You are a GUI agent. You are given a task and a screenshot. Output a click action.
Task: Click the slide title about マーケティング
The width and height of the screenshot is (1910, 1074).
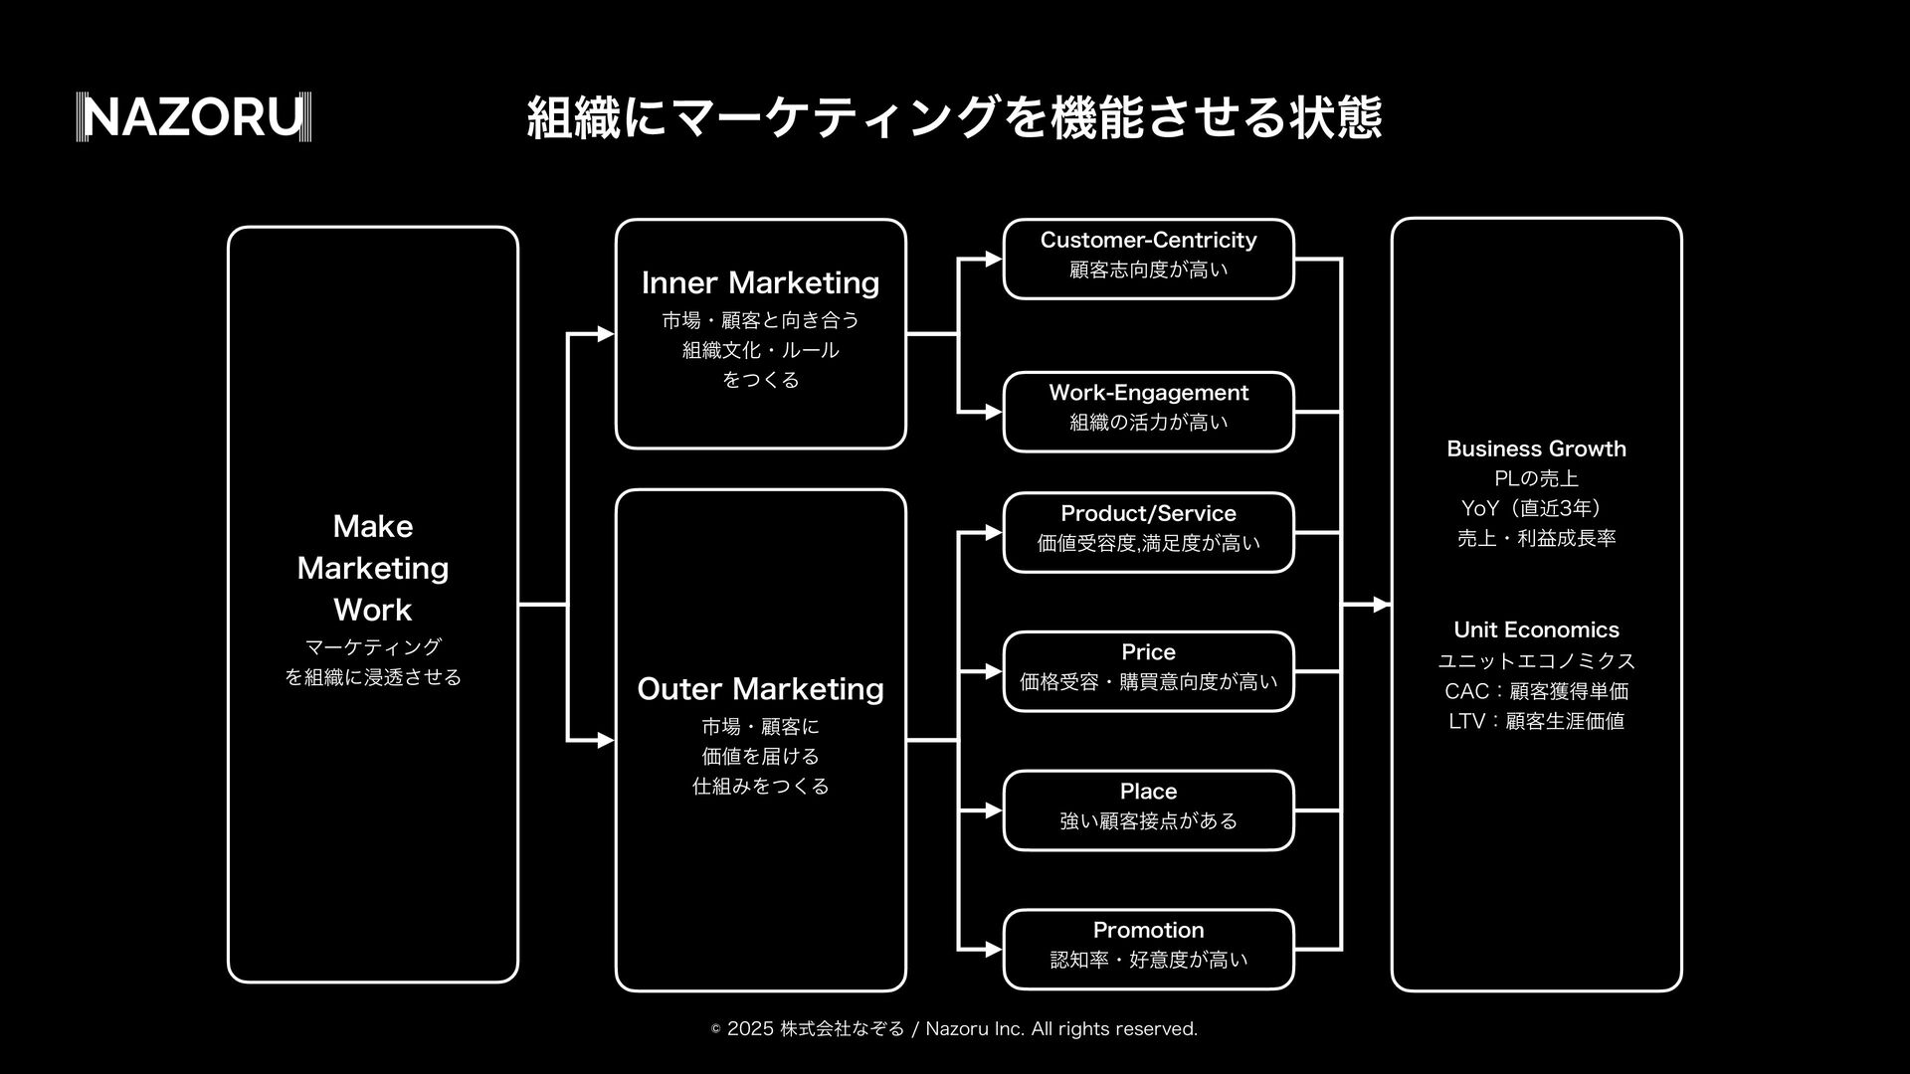pos(953,117)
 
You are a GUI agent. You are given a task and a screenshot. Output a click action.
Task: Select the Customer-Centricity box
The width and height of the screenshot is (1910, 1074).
pos(1148,259)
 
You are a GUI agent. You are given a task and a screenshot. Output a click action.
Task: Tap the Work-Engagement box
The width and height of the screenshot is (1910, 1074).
pos(1148,412)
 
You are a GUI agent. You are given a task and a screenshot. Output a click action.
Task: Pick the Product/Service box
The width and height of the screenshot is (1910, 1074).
pos(1148,532)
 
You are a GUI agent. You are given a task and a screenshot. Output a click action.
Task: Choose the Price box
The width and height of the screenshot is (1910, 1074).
pos(1148,671)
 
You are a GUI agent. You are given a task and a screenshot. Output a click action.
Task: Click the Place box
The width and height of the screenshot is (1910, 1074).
pos(1148,810)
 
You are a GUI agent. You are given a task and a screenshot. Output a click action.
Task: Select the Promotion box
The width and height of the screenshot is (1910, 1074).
pos(1148,949)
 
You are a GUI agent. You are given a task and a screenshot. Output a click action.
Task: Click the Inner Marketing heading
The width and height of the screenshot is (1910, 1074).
pos(760,283)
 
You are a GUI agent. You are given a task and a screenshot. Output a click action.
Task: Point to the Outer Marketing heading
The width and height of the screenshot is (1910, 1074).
pos(760,689)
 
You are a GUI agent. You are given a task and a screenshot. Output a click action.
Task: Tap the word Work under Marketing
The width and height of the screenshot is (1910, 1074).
pos(372,610)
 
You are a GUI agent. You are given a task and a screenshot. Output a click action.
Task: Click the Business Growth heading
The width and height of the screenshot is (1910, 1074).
pos(1536,448)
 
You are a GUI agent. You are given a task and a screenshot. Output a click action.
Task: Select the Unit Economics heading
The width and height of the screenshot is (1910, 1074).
pos(1536,629)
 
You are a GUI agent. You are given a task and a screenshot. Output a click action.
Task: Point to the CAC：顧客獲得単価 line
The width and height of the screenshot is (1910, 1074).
pos(1536,691)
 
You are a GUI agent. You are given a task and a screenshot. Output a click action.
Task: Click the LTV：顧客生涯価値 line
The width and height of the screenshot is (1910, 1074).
pos(1536,721)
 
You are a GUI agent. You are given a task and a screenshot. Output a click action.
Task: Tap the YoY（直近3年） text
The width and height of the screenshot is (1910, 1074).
pos(1532,508)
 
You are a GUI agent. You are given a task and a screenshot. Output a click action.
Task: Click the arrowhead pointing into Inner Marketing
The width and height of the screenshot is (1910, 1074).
pos(605,334)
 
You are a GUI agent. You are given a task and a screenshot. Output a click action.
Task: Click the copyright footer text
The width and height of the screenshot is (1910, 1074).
pos(955,1029)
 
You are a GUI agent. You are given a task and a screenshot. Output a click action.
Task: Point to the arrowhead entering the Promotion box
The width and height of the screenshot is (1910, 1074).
pos(993,950)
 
